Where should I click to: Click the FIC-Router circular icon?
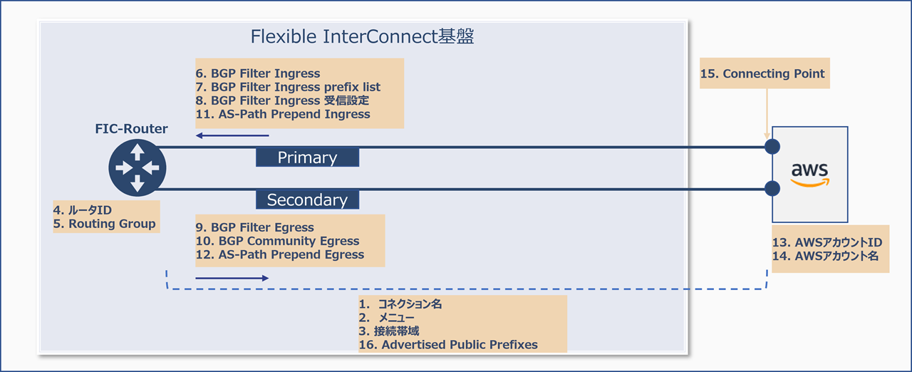[138, 168]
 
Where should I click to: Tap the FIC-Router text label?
[132, 129]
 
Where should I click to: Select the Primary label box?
[307, 157]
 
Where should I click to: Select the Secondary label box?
[307, 200]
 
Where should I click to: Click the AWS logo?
[810, 174]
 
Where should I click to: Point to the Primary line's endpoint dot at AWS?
[772, 147]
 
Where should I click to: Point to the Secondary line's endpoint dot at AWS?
[772, 188]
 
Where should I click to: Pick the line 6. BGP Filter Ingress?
[258, 73]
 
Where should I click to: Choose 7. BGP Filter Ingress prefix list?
[288, 87]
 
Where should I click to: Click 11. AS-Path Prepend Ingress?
[283, 114]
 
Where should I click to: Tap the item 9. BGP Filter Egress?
[254, 227]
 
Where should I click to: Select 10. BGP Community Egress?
[277, 241]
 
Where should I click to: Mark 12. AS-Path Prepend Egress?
[279, 254]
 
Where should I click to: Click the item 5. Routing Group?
[105, 224]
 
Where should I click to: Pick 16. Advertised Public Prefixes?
[448, 345]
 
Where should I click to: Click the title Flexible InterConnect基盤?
[363, 37]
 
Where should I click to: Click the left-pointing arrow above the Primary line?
[233, 135]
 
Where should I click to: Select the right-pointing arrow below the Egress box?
[233, 278]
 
